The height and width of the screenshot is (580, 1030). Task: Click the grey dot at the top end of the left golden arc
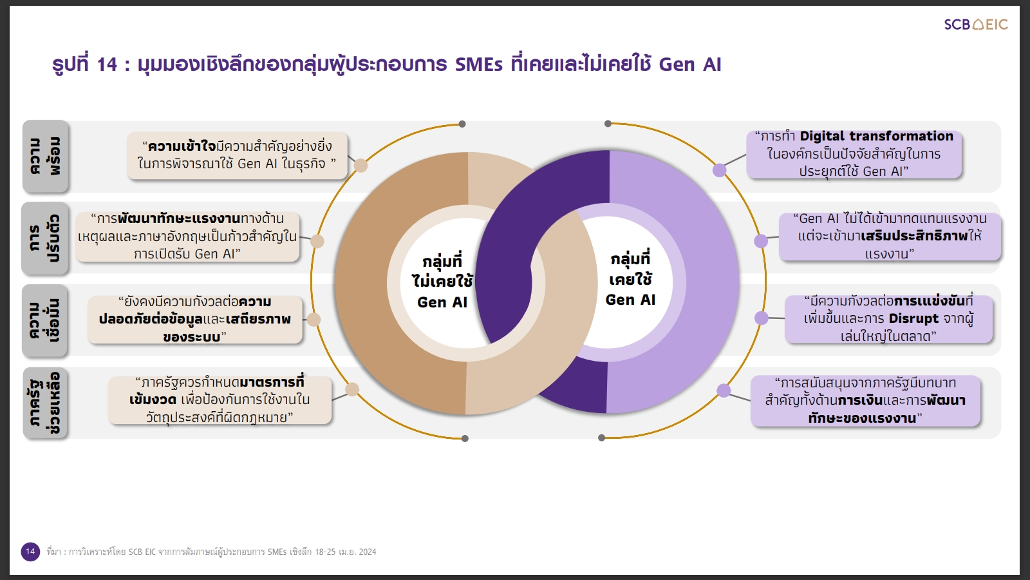(462, 124)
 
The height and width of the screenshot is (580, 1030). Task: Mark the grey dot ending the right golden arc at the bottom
(601, 438)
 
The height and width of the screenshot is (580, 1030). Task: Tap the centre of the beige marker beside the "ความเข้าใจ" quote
(360, 165)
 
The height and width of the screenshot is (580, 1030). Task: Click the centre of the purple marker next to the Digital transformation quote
(719, 170)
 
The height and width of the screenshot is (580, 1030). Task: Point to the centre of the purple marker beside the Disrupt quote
(761, 318)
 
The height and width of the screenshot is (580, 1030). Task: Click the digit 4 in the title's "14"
(112, 64)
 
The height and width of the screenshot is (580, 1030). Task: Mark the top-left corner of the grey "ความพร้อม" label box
(23, 121)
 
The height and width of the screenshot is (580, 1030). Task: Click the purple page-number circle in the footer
(30, 552)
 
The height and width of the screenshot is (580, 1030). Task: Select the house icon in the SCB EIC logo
(978, 24)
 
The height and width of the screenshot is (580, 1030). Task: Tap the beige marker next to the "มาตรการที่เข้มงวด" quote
(351, 389)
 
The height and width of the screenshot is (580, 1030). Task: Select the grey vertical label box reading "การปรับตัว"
(45, 238)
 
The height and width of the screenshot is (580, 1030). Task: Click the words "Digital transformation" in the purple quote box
(876, 136)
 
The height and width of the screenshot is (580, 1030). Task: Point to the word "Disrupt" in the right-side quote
(913, 318)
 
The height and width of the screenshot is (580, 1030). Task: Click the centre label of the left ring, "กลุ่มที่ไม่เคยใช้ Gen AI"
(442, 282)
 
